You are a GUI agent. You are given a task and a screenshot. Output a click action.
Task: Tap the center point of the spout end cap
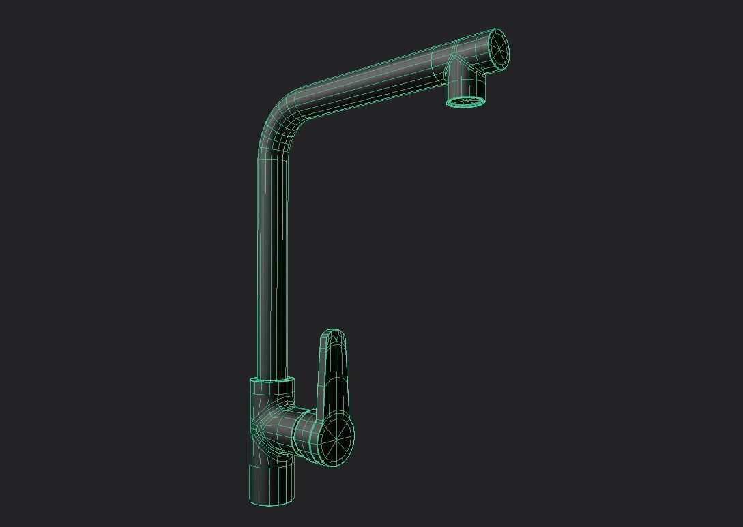point(499,48)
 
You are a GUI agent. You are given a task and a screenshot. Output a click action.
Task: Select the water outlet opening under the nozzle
point(467,102)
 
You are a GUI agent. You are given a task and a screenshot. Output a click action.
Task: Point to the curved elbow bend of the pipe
point(280,116)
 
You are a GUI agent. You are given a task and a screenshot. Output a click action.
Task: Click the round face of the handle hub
point(336,440)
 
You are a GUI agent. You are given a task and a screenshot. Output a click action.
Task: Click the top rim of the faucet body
point(272,380)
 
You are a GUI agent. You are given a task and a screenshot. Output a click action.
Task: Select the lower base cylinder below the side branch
point(272,481)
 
